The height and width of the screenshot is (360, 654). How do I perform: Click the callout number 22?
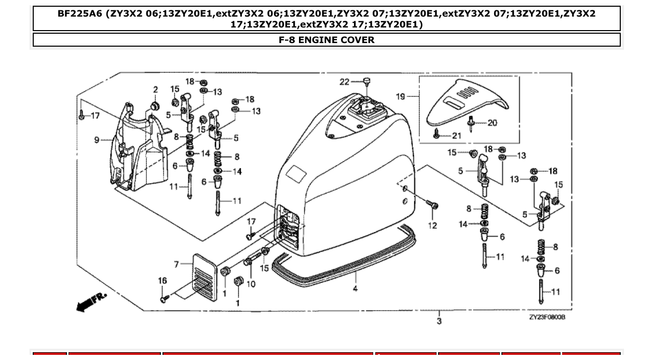coord(345,81)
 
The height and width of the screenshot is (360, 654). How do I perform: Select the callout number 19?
coord(400,96)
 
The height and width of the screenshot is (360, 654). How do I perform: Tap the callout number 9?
coord(97,140)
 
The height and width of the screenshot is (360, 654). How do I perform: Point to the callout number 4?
coord(355,288)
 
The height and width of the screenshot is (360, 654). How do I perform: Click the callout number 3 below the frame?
coord(439,321)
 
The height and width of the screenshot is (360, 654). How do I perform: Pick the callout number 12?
coord(432,225)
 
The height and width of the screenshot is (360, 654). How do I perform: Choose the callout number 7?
coord(176,265)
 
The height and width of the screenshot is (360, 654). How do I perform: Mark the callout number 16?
coord(162,281)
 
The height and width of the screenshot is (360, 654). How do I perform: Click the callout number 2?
coord(155,90)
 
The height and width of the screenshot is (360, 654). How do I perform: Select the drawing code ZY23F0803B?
coord(547,317)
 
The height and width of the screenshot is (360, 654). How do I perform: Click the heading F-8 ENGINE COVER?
coord(326,40)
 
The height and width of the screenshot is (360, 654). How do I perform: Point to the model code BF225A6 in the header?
coord(80,14)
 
